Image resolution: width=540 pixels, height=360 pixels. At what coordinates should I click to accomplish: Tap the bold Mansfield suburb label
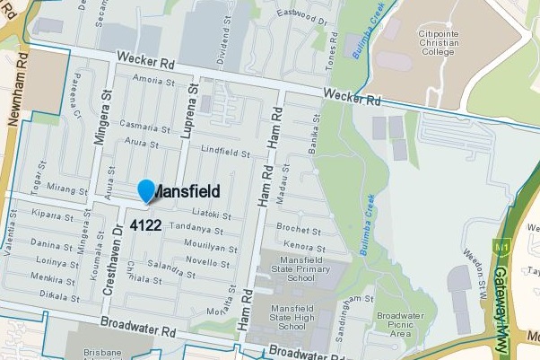(x=187, y=191)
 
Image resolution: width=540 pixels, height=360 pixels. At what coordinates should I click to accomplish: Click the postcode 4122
(x=145, y=224)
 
